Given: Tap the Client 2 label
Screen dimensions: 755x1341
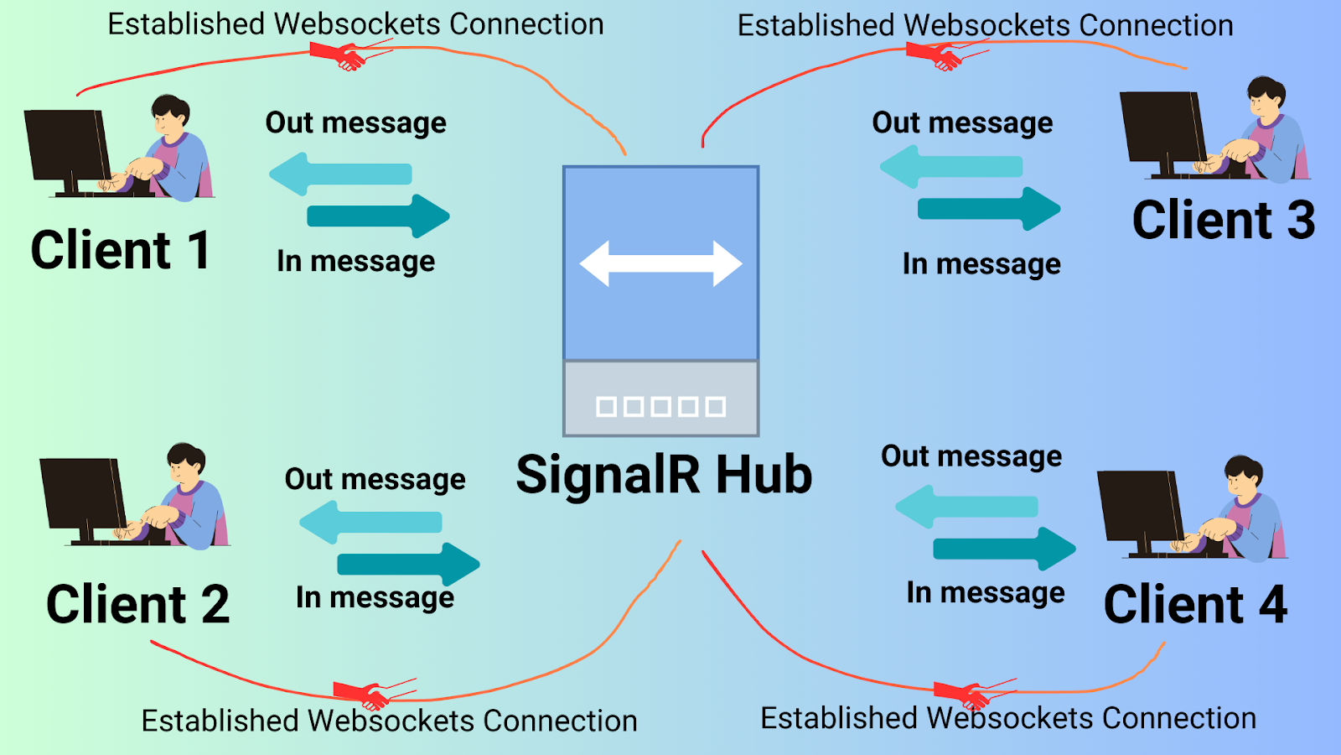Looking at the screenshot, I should point(137,604).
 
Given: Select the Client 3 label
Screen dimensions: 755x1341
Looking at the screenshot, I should point(1223,220).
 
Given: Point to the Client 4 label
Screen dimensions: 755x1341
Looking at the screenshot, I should point(1195,604).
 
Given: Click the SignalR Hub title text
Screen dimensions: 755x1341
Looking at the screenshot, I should point(664,475).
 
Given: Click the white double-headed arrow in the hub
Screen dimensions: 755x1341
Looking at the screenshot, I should point(660,263).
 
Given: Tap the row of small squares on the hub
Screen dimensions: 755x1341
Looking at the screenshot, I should point(660,407).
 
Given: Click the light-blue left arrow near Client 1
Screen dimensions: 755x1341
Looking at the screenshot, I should point(339,174).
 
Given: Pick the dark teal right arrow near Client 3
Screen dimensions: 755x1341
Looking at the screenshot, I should point(989,208).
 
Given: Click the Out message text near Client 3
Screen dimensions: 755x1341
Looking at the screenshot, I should point(962,122).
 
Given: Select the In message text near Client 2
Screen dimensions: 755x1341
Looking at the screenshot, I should point(375,597).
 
